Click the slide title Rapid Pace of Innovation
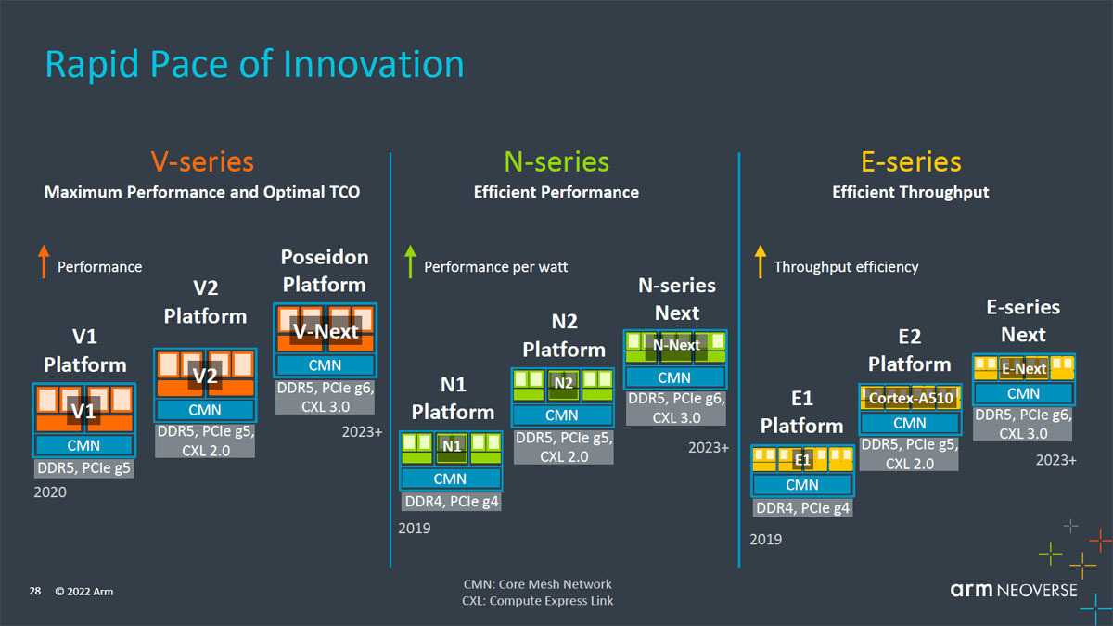(x=254, y=65)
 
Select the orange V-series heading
(x=202, y=162)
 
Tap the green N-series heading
(x=556, y=162)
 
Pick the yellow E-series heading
(x=911, y=162)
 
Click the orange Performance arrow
(x=44, y=262)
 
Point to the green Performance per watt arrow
(x=410, y=262)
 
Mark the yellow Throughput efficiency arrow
(x=761, y=262)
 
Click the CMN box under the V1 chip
(x=84, y=445)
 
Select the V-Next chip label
(x=326, y=331)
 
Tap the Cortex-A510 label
(x=910, y=398)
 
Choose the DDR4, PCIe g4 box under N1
(x=451, y=502)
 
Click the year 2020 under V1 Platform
(x=50, y=492)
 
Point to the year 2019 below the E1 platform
(x=766, y=539)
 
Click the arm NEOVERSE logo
(x=1014, y=590)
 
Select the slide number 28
(x=35, y=591)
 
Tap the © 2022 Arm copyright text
(x=84, y=592)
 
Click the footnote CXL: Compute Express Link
(x=538, y=601)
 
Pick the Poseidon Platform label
(x=325, y=271)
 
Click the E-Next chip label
(x=1024, y=369)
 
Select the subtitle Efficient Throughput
(x=910, y=192)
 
